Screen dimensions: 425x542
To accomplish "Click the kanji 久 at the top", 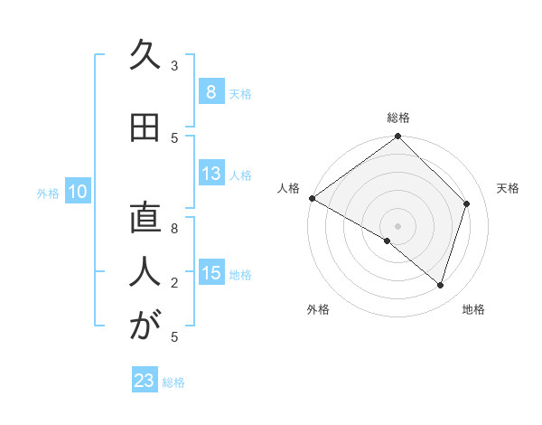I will [145, 56].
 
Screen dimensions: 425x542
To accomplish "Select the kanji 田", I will [145, 128].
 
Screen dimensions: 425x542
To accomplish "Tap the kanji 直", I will [145, 219].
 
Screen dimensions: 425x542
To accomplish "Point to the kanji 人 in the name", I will [145, 272].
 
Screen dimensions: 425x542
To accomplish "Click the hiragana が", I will [145, 326].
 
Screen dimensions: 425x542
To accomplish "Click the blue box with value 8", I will [210, 91].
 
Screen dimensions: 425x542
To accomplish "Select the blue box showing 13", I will [210, 174].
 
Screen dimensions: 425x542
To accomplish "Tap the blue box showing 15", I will [210, 273].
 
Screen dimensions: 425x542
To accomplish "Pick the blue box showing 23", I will [145, 381].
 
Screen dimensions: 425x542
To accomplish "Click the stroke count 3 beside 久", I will [174, 65].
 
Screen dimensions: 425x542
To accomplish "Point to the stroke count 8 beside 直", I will [174, 229].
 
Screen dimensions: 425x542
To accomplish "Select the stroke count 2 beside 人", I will [174, 283].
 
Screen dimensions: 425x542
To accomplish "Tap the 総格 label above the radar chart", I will [397, 118].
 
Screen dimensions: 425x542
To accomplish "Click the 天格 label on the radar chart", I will [508, 188].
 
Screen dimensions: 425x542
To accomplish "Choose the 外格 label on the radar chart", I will [318, 309].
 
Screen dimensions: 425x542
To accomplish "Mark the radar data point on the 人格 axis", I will [312, 198].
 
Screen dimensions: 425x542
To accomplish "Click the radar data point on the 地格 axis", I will [440, 285].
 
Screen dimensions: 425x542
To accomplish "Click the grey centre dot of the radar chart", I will [397, 225].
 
